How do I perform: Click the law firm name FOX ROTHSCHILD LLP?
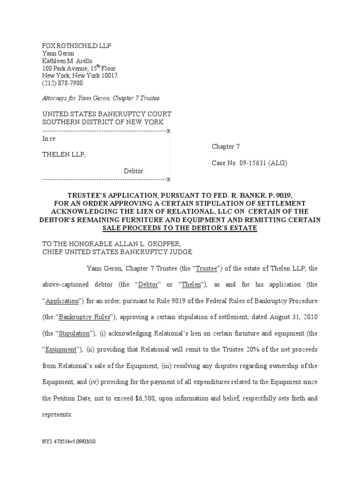coord(77,45)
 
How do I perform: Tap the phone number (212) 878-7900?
coord(62,83)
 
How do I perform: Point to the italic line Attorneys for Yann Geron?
coord(101,98)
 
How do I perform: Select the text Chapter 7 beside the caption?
coord(225,146)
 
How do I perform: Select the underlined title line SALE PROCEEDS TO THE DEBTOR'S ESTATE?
coord(180,228)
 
